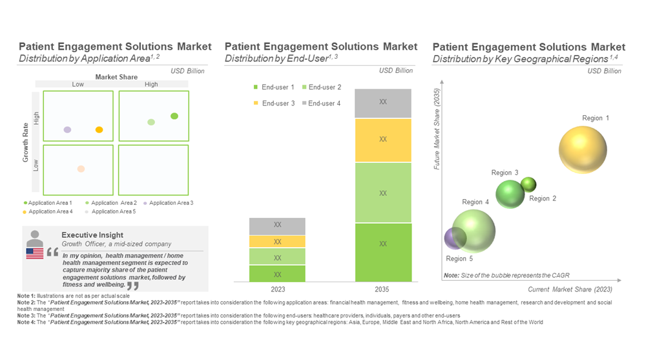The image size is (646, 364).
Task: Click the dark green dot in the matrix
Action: pyautogui.click(x=174, y=116)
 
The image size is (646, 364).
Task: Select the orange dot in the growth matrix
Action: pyautogui.click(x=99, y=130)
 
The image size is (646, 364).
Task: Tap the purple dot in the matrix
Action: pyautogui.click(x=67, y=130)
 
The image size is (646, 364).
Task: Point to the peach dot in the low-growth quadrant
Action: pyautogui.click(x=81, y=169)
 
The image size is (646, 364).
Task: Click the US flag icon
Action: pyautogui.click(x=35, y=253)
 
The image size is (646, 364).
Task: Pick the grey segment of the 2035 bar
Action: pyautogui.click(x=383, y=103)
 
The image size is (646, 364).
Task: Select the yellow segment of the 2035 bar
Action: pyautogui.click(x=383, y=140)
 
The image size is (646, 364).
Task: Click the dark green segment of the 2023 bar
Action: pyautogui.click(x=277, y=274)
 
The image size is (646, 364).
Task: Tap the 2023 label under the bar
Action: pyautogui.click(x=277, y=290)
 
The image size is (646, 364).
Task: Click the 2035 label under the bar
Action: pyautogui.click(x=383, y=290)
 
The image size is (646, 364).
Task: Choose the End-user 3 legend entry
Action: pyautogui.click(x=275, y=103)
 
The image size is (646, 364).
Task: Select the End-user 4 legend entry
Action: pyautogui.click(x=320, y=103)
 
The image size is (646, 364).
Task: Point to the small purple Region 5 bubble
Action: pyautogui.click(x=455, y=238)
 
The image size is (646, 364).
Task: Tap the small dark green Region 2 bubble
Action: pyautogui.click(x=528, y=184)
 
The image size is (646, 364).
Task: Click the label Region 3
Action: pyautogui.click(x=505, y=173)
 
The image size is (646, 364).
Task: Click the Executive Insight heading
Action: pyautogui.click(x=92, y=235)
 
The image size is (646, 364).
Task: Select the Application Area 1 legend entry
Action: pyautogui.click(x=48, y=203)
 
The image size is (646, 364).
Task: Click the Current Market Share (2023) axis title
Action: pyautogui.click(x=570, y=289)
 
